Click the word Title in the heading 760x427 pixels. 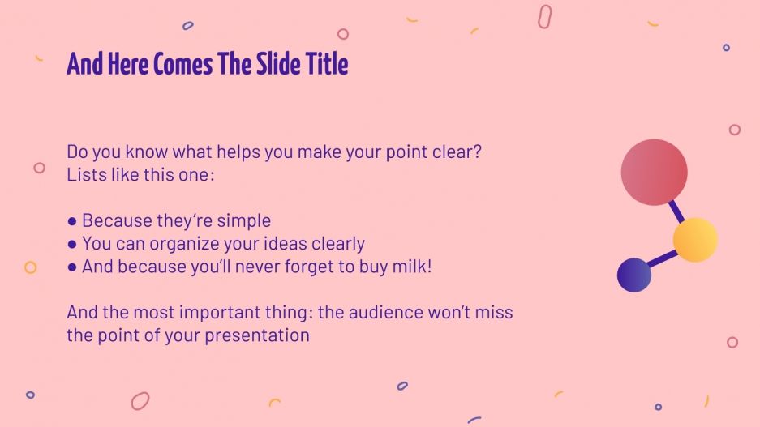(327, 64)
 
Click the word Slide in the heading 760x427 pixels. (279, 64)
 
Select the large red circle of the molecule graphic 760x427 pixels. (654, 172)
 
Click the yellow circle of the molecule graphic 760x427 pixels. (695, 240)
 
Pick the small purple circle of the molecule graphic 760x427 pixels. (634, 275)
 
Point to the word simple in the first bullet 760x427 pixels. (243, 220)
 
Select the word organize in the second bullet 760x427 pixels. (183, 243)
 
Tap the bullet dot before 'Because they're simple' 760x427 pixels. (72, 221)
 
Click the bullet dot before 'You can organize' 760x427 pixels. (72, 244)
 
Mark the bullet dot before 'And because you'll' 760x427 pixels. (72, 267)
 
